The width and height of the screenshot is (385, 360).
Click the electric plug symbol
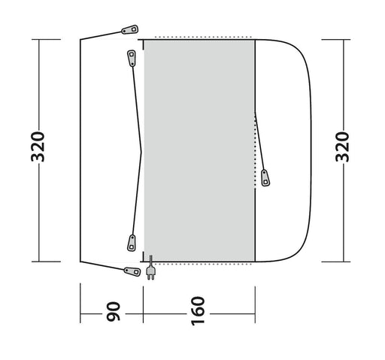(x=151, y=269)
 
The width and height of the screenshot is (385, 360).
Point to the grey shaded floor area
(x=199, y=150)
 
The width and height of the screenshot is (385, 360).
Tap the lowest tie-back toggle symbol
(x=125, y=269)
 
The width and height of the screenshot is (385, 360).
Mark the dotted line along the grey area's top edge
(x=199, y=36)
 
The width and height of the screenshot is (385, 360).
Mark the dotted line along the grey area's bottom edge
(x=199, y=263)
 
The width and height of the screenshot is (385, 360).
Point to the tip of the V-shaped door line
(x=142, y=150)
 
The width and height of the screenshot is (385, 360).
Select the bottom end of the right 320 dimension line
(x=341, y=261)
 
